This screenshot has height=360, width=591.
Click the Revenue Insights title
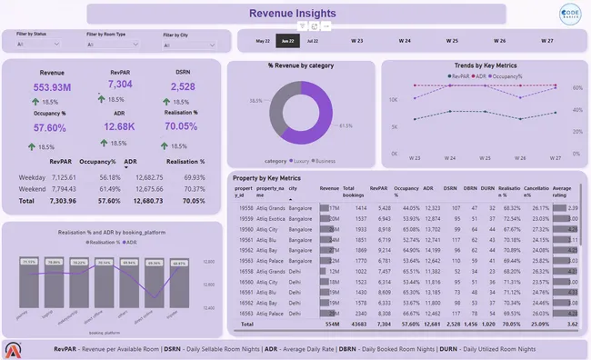coord(295,13)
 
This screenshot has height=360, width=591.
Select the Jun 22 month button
coord(288,41)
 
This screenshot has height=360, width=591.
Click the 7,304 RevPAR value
coord(120,85)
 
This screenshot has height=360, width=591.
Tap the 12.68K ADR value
coord(120,126)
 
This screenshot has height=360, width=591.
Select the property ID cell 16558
coord(246,271)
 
